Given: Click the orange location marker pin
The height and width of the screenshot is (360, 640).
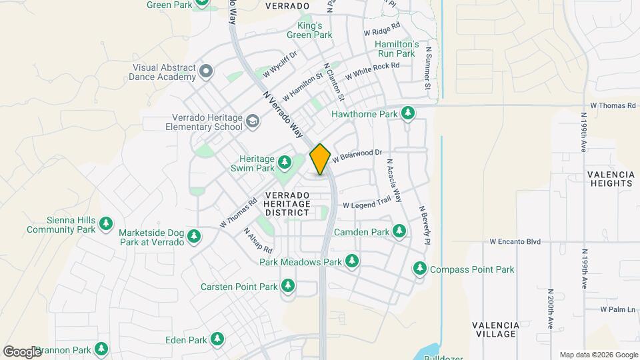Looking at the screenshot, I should point(321,159).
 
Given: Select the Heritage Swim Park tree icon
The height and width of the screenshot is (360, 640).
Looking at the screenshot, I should point(285,162).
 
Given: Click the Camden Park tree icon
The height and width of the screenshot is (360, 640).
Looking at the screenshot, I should point(399,231).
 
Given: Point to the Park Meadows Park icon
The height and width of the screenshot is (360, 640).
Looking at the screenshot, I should point(351,262).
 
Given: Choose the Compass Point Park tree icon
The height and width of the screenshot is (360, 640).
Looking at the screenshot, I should point(420,269).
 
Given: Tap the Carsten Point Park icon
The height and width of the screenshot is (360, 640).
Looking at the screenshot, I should point(288,287).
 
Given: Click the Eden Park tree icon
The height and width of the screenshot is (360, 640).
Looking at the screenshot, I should point(217,339).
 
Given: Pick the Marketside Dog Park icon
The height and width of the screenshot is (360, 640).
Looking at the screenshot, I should point(194,237).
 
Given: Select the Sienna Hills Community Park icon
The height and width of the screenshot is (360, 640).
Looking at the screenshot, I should point(105,225).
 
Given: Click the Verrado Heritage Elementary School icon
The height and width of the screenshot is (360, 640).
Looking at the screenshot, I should point(252,121).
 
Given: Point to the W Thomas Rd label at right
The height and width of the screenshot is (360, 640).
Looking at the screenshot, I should point(613,105).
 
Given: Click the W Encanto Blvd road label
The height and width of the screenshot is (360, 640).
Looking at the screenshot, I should point(515,241).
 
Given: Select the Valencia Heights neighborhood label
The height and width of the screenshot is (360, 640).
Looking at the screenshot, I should point(610,178).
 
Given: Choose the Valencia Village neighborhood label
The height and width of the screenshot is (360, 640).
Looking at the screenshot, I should point(495,329).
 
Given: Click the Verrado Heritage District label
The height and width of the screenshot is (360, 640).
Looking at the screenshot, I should point(287,203).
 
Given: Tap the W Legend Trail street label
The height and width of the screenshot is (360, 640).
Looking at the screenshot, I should point(366,204).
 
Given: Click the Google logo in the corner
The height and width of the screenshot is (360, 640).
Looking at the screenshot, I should point(21,351).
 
